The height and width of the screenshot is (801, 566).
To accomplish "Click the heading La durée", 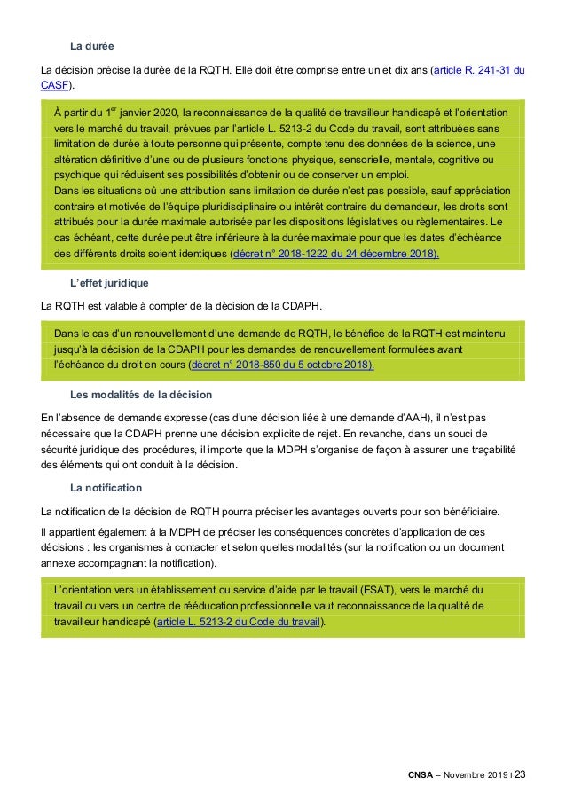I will tap(91, 44).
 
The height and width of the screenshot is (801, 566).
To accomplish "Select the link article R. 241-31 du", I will tap(477, 69).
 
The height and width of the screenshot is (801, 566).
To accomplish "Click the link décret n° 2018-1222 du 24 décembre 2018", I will tap(334, 253).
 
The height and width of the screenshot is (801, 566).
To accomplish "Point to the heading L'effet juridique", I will tap(109, 282).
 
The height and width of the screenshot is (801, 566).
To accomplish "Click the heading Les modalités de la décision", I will tap(140, 394).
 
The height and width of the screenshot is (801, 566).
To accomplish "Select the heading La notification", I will tap(106, 488).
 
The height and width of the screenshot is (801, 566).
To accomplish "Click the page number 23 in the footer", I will tap(519, 775).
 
